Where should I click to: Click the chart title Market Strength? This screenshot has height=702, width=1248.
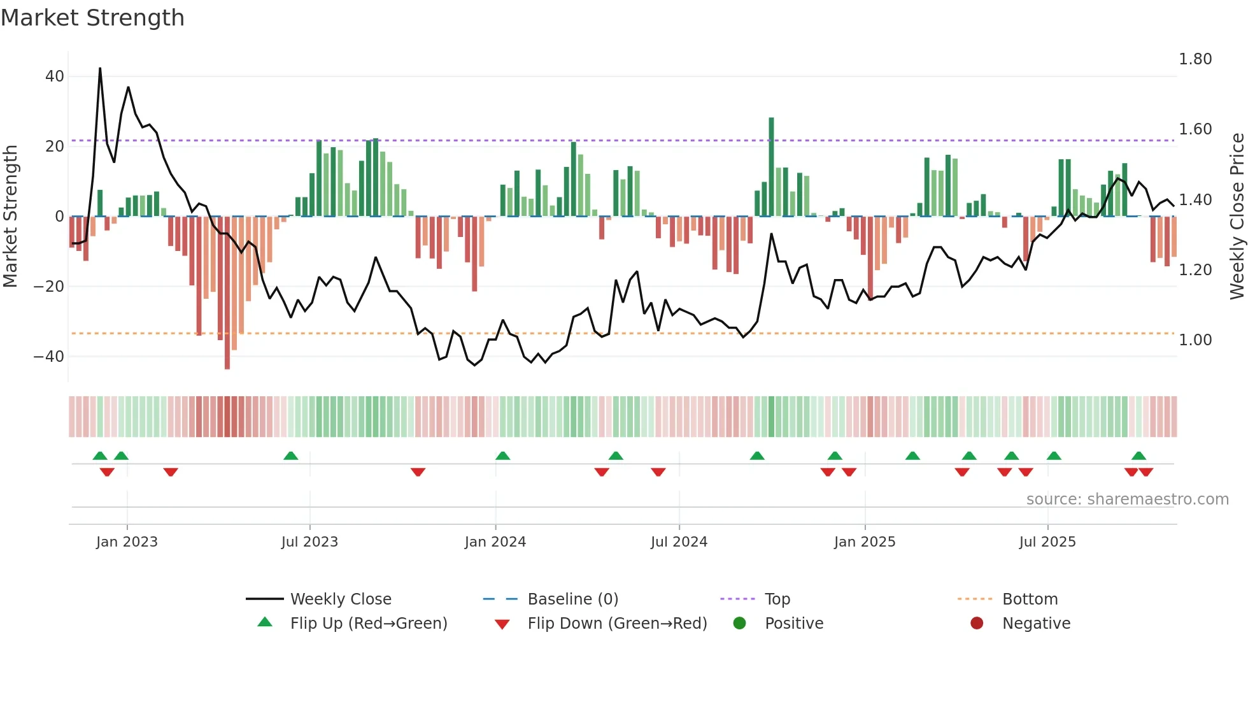(92, 18)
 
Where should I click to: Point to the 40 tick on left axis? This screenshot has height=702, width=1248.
(55, 76)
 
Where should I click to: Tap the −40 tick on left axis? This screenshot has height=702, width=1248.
(49, 357)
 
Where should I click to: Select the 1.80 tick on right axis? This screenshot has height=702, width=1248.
(1195, 59)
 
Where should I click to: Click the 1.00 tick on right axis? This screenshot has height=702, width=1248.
(1195, 340)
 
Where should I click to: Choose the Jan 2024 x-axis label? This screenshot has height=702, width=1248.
(495, 542)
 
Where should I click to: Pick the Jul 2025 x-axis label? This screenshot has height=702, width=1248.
(1047, 542)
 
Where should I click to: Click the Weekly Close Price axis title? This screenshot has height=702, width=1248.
(1237, 216)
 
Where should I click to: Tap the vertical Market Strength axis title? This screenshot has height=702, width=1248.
(10, 216)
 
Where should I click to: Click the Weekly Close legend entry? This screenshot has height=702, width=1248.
(341, 599)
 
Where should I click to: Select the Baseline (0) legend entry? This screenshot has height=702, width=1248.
(572, 599)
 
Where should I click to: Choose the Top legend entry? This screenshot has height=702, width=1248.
(777, 599)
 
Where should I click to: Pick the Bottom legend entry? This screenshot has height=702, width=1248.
(1030, 599)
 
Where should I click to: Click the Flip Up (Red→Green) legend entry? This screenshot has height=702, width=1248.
(369, 624)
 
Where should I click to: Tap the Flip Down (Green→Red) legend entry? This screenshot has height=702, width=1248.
(617, 624)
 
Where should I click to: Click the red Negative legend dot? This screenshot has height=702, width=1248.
(977, 624)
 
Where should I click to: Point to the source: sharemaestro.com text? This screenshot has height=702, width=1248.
(1127, 499)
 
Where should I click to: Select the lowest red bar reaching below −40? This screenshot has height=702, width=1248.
(227, 293)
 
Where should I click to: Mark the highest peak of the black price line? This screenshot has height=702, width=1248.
(100, 69)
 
